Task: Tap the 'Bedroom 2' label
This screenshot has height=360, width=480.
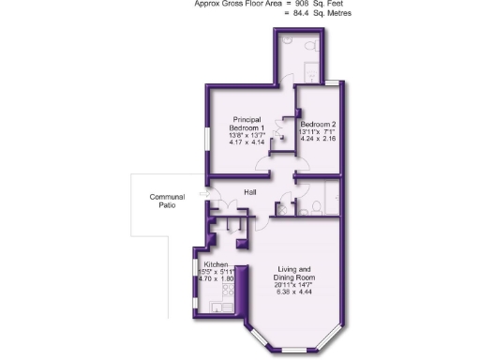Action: [x=318, y=123]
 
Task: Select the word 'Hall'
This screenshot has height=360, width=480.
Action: [x=251, y=192]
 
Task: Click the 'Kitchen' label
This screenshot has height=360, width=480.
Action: [x=217, y=265]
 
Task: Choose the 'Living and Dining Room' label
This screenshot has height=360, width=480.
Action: [x=293, y=274]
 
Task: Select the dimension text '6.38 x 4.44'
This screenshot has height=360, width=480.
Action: [x=293, y=292]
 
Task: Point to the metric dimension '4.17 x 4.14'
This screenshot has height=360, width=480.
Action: [x=249, y=143]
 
